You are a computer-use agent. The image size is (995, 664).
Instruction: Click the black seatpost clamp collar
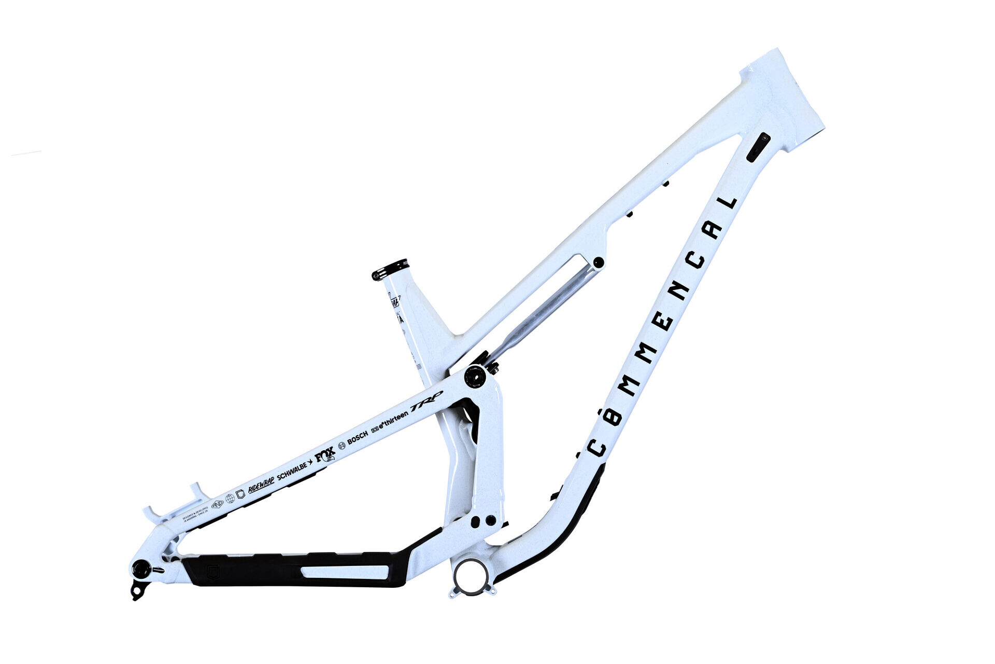point(390,270)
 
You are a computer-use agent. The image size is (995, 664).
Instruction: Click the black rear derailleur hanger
point(138,589)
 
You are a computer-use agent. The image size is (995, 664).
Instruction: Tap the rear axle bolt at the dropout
point(141,569)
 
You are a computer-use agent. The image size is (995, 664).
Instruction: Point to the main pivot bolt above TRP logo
point(474,376)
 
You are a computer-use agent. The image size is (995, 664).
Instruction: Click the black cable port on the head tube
point(758,147)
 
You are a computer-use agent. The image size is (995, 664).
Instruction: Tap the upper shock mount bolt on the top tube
point(598,262)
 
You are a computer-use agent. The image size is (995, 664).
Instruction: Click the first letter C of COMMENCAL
point(597,447)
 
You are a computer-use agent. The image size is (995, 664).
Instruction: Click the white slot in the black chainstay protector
point(345,572)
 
